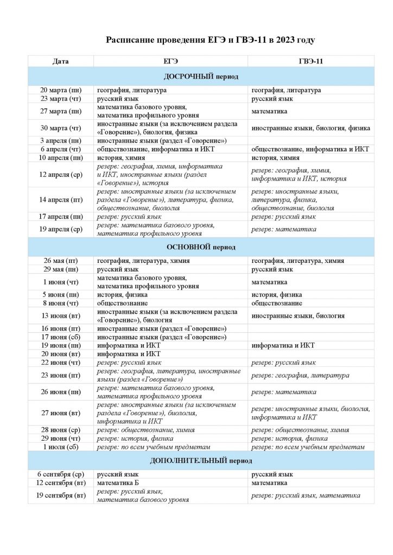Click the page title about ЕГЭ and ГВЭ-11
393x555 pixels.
(x=210, y=40)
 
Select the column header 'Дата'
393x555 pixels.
(x=61, y=61)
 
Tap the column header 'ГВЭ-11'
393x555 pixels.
(x=311, y=61)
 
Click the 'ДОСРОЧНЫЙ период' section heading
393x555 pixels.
(x=201, y=76)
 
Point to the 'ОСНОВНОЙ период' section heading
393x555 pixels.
(x=201, y=247)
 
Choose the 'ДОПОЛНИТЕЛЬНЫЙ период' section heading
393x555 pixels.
(x=201, y=461)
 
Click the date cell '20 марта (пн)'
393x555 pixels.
(x=61, y=90)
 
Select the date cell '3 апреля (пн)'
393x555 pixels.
(x=61, y=141)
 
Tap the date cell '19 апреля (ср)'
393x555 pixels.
(x=61, y=229)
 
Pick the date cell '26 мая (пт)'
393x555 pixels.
(x=61, y=261)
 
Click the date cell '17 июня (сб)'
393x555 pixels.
(x=61, y=337)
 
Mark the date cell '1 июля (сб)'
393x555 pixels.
(x=61, y=447)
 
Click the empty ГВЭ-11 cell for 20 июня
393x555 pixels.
(x=310, y=354)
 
